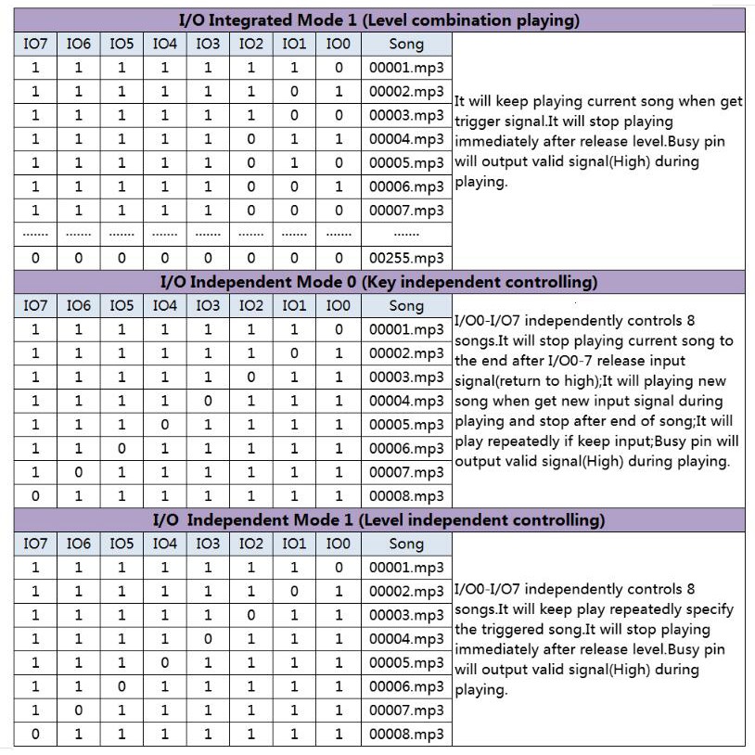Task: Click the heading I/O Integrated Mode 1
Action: [x=378, y=19]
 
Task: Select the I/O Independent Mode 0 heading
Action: [x=378, y=281]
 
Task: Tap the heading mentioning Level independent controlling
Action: [x=378, y=519]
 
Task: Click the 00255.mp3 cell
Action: [x=406, y=258]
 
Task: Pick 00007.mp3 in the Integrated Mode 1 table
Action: [x=406, y=211]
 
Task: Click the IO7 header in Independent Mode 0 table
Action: [x=35, y=305]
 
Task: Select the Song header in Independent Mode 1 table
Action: [x=406, y=544]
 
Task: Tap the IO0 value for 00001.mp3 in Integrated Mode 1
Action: [x=339, y=68]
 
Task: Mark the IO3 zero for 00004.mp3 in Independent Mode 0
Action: [x=208, y=401]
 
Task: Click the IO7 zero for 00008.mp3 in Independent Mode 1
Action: [x=35, y=734]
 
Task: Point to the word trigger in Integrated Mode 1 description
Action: [x=477, y=122]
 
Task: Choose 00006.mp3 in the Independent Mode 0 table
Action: [x=406, y=448]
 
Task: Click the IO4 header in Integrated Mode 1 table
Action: [x=164, y=44]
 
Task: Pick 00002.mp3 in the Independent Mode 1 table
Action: [x=406, y=592]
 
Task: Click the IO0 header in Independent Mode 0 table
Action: [x=339, y=305]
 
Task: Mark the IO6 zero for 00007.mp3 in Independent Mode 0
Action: [x=79, y=472]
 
